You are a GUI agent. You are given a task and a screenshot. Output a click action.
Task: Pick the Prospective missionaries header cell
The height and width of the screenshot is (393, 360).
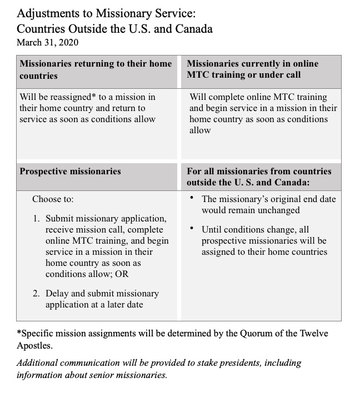70,172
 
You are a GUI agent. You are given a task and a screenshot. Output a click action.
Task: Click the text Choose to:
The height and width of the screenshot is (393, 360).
53,199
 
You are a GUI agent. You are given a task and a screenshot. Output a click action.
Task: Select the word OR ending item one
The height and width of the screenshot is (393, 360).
123,274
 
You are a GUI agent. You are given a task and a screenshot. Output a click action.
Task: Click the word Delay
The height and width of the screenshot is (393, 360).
58,293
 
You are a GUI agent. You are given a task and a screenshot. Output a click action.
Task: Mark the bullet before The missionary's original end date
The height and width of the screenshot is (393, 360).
192,197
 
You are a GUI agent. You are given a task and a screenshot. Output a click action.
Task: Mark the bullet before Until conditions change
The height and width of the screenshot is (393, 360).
192,228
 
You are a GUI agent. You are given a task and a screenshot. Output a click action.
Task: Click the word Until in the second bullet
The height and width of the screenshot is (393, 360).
213,230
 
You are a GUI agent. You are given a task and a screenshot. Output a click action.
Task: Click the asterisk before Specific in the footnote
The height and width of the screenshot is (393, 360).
18,333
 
